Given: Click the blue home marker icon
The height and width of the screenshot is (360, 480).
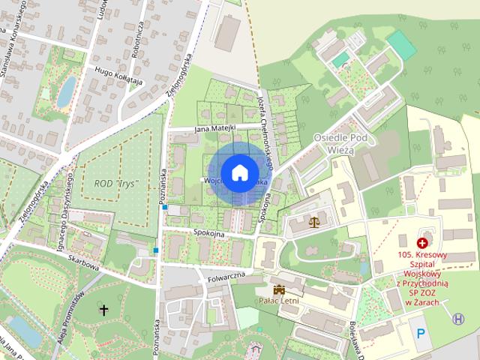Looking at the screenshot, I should (x=239, y=172).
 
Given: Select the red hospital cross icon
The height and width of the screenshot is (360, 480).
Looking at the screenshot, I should (x=422, y=243).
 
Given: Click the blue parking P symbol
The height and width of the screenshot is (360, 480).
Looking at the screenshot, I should (x=421, y=332).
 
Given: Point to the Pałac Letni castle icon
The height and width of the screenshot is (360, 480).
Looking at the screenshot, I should (x=280, y=289).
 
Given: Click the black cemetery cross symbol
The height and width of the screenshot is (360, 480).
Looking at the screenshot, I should (x=103, y=308).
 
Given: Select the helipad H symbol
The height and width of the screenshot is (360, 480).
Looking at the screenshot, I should (x=458, y=319).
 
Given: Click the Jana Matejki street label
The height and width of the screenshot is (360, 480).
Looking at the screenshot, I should (x=214, y=128).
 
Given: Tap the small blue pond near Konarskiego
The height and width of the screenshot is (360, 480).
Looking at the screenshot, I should (x=67, y=91).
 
